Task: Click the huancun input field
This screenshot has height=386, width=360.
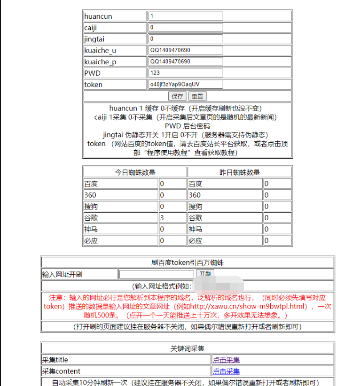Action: pos(185,16)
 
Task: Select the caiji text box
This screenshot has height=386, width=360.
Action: pos(185,28)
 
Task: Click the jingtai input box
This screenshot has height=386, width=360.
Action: pos(185,39)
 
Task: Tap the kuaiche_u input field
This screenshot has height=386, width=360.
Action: pos(185,50)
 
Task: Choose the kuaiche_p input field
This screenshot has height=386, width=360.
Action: pos(185,62)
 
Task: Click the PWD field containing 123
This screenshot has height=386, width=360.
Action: pos(185,73)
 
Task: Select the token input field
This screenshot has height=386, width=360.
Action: pos(185,85)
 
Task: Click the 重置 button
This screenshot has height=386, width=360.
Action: pos(197,96)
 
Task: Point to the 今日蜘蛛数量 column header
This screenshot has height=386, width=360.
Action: pos(135,172)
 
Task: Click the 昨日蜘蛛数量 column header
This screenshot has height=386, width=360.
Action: pos(240,172)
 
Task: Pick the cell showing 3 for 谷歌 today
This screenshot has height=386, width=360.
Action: pos(162,218)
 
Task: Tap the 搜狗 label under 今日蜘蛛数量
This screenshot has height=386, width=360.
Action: pos(91,207)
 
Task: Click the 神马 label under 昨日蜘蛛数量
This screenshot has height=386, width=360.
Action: pos(196,229)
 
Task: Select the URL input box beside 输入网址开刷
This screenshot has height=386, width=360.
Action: pos(156,274)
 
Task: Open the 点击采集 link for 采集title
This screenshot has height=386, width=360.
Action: pos(226,360)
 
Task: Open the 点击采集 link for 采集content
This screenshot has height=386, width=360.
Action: pos(226,371)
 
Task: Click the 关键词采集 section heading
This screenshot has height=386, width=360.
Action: pos(188,349)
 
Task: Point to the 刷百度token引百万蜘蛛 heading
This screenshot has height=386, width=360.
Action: pos(188,262)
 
